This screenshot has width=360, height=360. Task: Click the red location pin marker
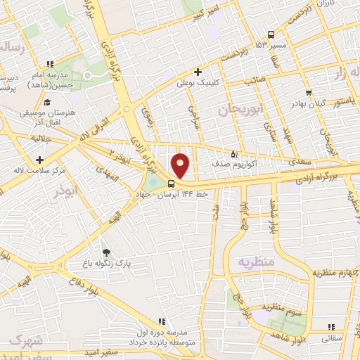click(181, 165)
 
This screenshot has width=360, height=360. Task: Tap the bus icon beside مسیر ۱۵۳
click(271, 34)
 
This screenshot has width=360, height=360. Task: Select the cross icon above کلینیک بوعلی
click(198, 71)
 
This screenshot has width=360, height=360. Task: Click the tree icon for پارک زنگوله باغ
click(106, 252)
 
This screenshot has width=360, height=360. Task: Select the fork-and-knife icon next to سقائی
click(333, 326)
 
